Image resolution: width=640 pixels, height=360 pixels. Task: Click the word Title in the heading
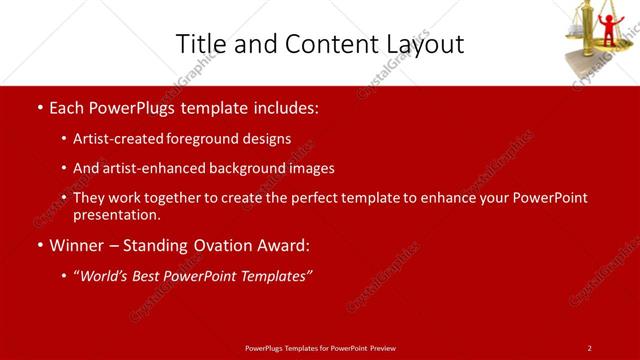click(x=198, y=44)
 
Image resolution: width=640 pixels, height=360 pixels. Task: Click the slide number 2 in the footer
click(x=589, y=347)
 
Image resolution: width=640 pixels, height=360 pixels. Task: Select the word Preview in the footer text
click(x=381, y=347)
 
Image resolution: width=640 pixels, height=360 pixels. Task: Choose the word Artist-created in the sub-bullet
click(x=110, y=139)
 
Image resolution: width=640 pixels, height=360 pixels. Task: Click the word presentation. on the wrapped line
click(x=116, y=214)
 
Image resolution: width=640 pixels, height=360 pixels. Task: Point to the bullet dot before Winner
click(x=39, y=245)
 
